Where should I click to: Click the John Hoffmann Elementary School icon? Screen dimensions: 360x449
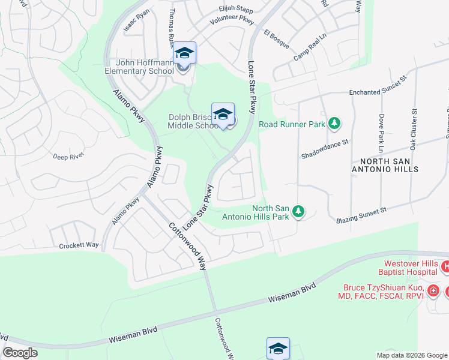[x=185, y=53]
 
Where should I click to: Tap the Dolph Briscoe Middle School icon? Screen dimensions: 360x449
[x=223, y=114]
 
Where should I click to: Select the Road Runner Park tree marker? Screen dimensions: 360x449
[x=334, y=124]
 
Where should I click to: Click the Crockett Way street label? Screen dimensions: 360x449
[x=79, y=246]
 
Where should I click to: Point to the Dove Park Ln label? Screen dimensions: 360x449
[x=380, y=132]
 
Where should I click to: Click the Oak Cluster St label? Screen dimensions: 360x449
[x=413, y=129]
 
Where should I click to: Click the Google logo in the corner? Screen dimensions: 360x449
[x=20, y=352]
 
